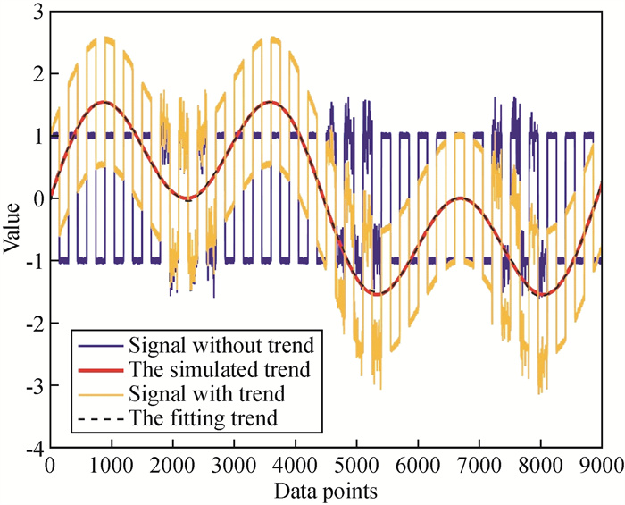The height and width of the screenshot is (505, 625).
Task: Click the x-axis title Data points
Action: click(325, 491)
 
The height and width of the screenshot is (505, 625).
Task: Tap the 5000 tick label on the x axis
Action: click(356, 466)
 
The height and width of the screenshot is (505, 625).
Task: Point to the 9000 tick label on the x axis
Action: click(601, 466)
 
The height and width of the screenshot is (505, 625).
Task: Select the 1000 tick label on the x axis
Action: click(112, 466)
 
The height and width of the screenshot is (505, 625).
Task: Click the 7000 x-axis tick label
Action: click(479, 466)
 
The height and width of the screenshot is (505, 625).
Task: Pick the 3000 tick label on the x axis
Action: click(234, 466)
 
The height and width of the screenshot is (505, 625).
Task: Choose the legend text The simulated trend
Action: click(219, 367)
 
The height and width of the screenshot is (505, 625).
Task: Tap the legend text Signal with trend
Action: click(211, 391)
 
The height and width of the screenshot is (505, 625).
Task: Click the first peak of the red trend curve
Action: click(104, 102)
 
